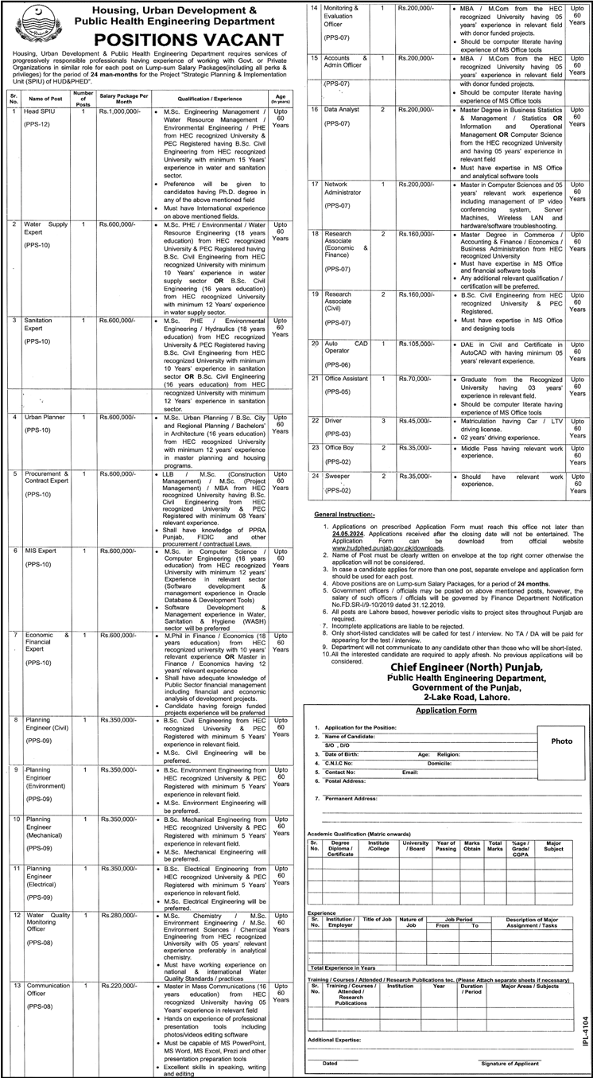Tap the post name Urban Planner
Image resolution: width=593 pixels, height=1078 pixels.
[45, 417]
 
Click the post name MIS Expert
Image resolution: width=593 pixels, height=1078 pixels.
[40, 551]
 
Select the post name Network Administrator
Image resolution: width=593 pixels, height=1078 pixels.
[343, 189]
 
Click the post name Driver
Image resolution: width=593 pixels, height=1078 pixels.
[334, 419]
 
